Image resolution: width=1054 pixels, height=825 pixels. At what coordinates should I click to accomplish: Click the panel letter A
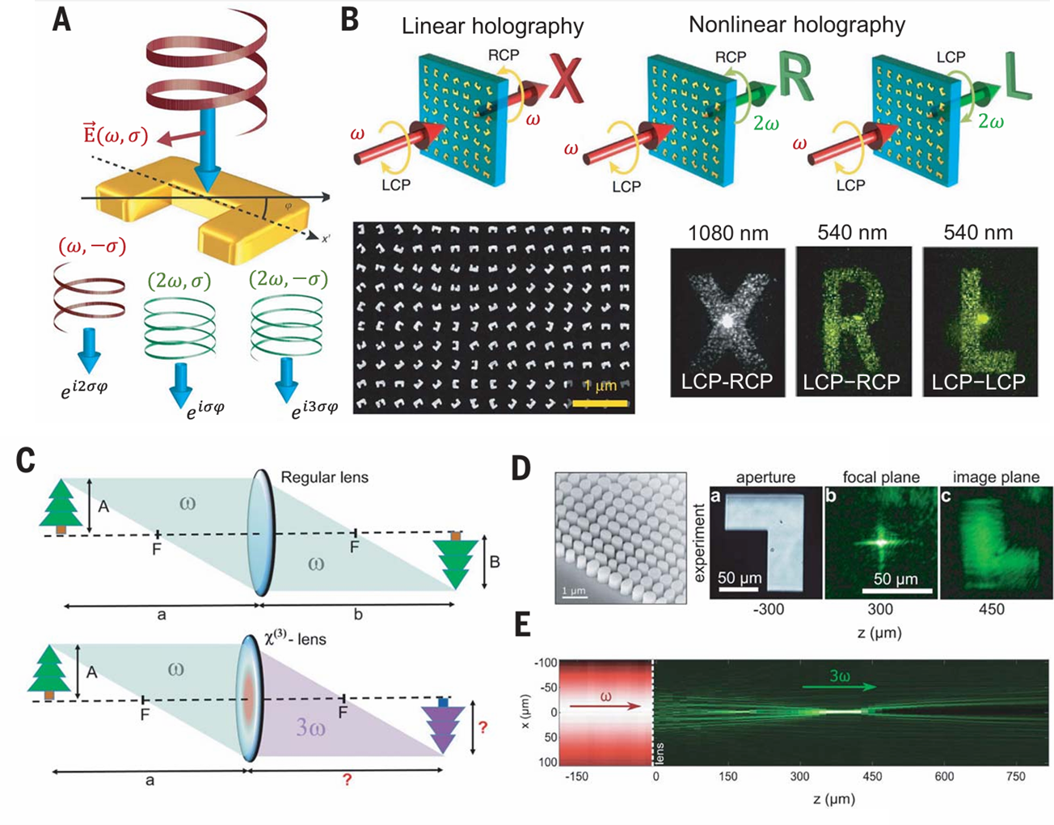[61, 19]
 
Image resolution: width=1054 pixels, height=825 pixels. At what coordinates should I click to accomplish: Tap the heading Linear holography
[492, 26]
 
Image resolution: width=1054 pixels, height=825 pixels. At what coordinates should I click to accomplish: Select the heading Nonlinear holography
[796, 24]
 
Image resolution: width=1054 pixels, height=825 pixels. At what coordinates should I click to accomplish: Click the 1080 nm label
[727, 233]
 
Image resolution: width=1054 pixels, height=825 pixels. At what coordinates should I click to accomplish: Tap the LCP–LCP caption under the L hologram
[978, 382]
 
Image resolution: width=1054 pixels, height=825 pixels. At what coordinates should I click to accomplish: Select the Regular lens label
[324, 477]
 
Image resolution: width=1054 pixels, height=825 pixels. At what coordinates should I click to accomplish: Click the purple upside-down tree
[442, 726]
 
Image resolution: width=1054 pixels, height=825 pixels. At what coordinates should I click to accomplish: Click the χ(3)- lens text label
[295, 639]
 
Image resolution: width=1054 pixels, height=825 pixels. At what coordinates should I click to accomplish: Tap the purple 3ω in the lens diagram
[312, 726]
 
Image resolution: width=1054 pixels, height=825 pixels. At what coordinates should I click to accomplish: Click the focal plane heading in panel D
[881, 477]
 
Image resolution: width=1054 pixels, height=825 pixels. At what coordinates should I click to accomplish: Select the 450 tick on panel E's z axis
[871, 776]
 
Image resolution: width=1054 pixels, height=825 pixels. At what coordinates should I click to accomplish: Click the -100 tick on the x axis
[546, 663]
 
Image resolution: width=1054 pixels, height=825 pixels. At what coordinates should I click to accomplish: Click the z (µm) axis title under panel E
[833, 799]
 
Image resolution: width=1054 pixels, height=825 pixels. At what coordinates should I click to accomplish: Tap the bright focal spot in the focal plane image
[879, 541]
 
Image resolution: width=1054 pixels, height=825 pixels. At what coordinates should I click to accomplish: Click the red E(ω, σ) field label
[116, 135]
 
